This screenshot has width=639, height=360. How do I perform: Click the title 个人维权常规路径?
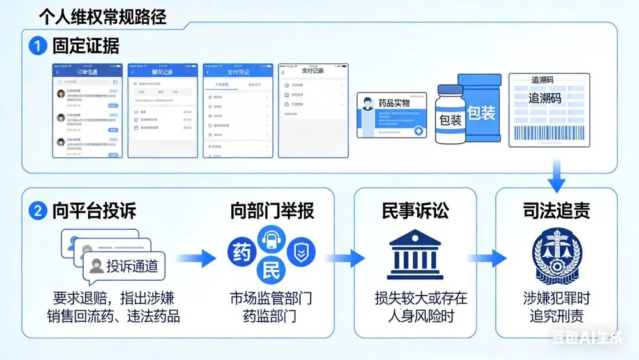102,16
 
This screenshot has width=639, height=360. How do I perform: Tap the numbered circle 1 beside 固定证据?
38,46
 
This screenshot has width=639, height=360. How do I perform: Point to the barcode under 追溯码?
548,130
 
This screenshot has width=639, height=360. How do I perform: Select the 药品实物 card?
392,114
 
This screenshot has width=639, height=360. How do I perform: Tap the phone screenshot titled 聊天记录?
162,110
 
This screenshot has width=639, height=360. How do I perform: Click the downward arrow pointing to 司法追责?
557,175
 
